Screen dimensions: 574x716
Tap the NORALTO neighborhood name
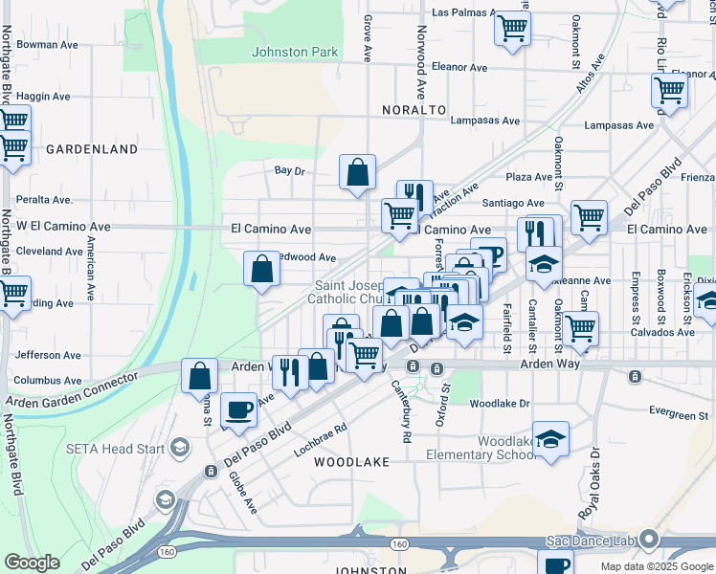pyautogui.click(x=414, y=110)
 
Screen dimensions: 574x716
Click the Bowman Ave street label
pyautogui.click(x=47, y=45)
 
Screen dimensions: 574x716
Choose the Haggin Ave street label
pyautogui.click(x=43, y=97)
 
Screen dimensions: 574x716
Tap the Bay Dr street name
pyautogui.click(x=289, y=171)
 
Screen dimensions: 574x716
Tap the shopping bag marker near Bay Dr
pyautogui.click(x=357, y=173)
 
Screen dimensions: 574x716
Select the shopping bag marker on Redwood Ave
pyautogui.click(x=261, y=270)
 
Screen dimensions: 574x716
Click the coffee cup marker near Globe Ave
pyautogui.click(x=238, y=410)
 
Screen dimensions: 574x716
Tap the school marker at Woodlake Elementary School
pyautogui.click(x=550, y=440)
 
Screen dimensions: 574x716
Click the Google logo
pyautogui.click(x=33, y=562)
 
